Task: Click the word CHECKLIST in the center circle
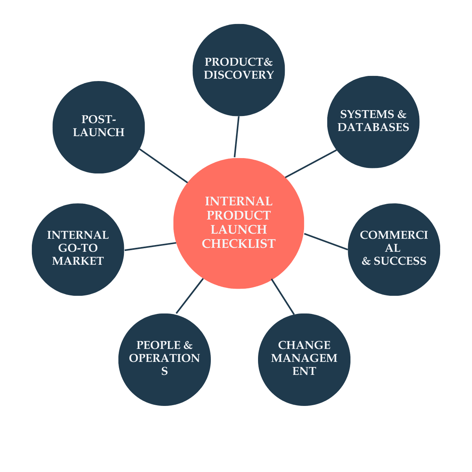(x=239, y=244)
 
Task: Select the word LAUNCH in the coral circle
(x=239, y=230)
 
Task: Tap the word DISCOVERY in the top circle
(x=239, y=75)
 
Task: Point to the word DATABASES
(x=373, y=127)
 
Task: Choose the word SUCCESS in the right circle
(x=400, y=261)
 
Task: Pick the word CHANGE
(x=304, y=345)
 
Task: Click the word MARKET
(x=78, y=261)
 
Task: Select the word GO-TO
(x=78, y=248)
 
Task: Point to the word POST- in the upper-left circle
(x=99, y=119)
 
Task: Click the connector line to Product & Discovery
(x=237, y=137)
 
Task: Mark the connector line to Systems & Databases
(x=311, y=164)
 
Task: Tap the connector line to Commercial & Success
(x=326, y=242)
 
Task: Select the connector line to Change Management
(x=282, y=296)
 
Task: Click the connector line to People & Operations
(x=190, y=296)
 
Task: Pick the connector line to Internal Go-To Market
(x=150, y=247)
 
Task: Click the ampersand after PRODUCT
(x=268, y=62)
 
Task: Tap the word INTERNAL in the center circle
(x=239, y=201)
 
